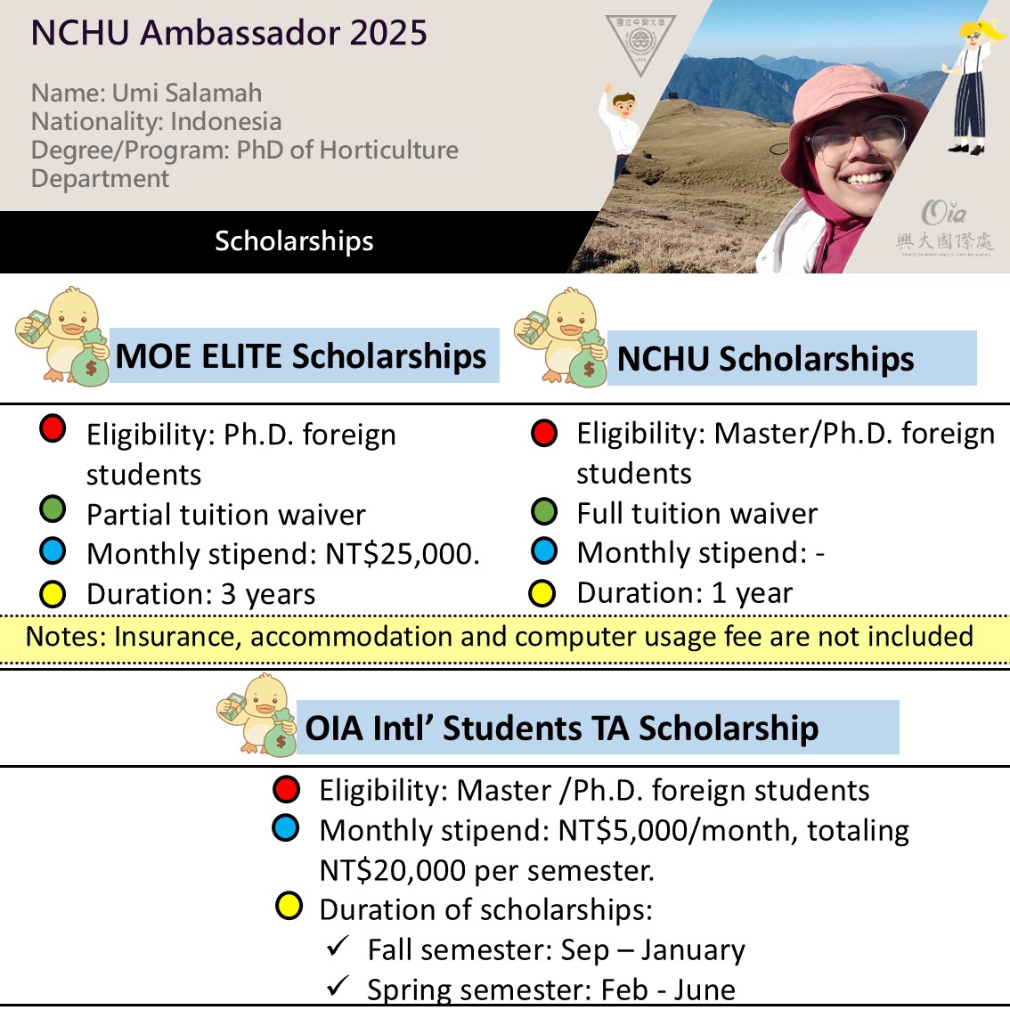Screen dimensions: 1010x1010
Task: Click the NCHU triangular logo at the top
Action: pyautogui.click(x=639, y=42)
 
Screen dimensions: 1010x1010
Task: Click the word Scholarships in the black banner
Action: pyautogui.click(x=294, y=241)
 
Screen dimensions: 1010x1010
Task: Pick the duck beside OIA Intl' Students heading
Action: pyautogui.click(x=257, y=714)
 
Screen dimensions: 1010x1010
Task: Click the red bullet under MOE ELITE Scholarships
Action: pyautogui.click(x=53, y=429)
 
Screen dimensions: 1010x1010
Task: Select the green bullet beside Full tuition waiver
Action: pyautogui.click(x=543, y=512)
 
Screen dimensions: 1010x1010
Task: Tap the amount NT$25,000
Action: pyautogui.click(x=402, y=554)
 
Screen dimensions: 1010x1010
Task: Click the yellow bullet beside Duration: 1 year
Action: pyautogui.click(x=542, y=593)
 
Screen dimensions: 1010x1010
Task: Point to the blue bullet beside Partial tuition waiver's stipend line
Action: pyautogui.click(x=53, y=552)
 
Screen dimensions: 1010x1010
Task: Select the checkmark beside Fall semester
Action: pyautogui.click(x=338, y=946)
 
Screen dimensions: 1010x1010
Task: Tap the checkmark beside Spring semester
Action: pyautogui.click(x=338, y=985)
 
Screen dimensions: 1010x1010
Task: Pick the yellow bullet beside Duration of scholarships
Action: pyautogui.click(x=289, y=908)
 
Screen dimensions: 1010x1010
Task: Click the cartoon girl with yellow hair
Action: pyautogui.click(x=974, y=85)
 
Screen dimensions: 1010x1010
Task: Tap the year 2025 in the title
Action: pyautogui.click(x=388, y=33)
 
